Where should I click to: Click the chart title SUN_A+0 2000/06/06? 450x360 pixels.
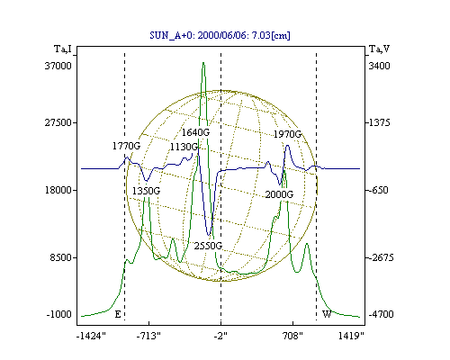pos(220,35)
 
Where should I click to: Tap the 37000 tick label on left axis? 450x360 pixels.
pos(58,66)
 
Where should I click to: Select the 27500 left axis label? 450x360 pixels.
pos(58,122)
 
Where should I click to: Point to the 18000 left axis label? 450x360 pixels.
pos(58,190)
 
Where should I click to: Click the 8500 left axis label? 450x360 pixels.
pos(61,257)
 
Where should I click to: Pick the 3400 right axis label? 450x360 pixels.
pos(379,66)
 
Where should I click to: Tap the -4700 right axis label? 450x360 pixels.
pos(381,314)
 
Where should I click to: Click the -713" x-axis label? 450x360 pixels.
pos(148,336)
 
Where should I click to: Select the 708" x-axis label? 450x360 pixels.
pos(292,336)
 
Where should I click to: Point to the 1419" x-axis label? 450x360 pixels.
pos(351,336)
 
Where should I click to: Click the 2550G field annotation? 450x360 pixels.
pos(208,246)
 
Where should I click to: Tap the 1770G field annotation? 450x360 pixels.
pos(126,146)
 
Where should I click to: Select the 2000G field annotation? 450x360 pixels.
pos(279,194)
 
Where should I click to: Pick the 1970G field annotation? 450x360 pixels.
pos(287,134)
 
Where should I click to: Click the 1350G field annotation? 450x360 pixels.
pos(146,191)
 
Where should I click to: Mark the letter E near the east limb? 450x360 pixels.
pos(118,314)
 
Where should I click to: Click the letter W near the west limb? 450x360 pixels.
pos(327,314)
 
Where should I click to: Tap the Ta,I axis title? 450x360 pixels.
pos(63,49)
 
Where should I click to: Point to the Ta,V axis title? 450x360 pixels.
pos(379,49)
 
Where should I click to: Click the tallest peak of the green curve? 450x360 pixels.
pos(203,62)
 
